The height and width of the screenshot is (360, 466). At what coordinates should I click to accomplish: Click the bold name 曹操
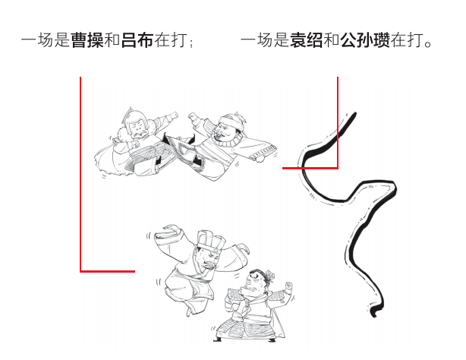tap(87, 40)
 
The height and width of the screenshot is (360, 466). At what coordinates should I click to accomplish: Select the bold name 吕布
tap(137, 40)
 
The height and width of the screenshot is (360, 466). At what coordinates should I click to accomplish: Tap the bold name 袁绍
tap(307, 40)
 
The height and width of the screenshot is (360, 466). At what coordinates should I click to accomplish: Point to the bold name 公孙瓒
tap(365, 40)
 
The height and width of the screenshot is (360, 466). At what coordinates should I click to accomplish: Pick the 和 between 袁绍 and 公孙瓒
tap(332, 40)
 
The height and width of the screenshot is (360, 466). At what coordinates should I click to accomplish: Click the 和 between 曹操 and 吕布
tap(112, 40)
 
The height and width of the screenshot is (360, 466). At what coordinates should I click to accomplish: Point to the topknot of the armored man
tap(270, 274)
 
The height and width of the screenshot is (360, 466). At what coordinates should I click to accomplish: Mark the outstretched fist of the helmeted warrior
tap(174, 115)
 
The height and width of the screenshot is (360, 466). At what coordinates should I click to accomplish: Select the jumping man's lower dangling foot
tap(189, 311)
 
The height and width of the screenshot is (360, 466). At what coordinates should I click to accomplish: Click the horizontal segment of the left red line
tap(108, 271)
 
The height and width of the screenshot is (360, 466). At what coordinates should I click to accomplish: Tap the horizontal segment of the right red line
tap(310, 168)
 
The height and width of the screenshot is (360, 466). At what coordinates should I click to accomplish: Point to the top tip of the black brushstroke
tap(354, 112)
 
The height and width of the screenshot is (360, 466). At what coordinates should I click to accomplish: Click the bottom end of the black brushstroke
tap(374, 314)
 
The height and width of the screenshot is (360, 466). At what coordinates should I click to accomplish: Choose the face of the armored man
tap(254, 283)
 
